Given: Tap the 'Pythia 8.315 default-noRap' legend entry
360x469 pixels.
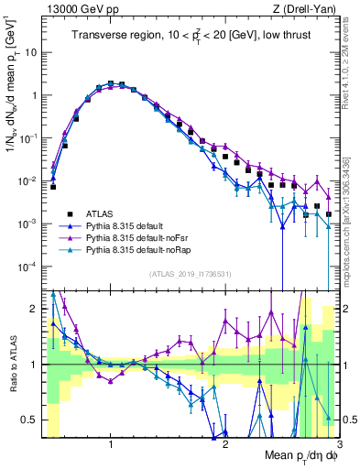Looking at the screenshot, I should tap(137, 247).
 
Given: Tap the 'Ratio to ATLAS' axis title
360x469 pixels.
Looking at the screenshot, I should tap(13, 365).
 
